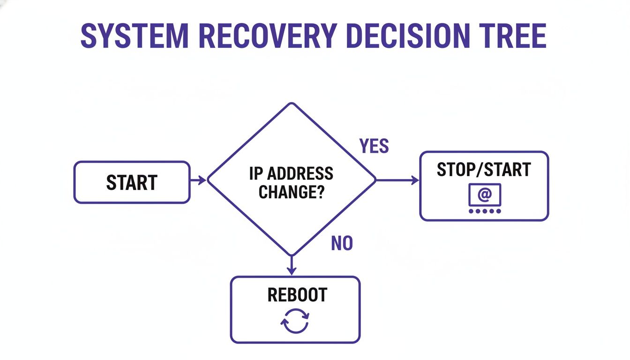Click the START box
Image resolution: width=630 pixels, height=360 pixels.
tap(132, 182)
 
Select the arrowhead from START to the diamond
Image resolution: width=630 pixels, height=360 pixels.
tap(202, 180)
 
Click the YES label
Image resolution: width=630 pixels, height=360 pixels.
tap(374, 147)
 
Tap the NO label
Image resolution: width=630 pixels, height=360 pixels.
tap(342, 243)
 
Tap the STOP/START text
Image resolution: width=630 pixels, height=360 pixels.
tap(483, 170)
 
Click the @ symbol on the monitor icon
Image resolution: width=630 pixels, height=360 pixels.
tap(485, 193)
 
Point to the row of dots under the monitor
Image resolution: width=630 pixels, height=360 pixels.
tap(485, 211)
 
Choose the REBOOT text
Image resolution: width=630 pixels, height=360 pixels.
tap(297, 295)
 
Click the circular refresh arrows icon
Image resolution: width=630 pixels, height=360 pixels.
tap(295, 321)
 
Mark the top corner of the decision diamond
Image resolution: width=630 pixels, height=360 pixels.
tap(292, 104)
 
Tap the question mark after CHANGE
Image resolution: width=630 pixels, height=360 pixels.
tap(320, 191)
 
